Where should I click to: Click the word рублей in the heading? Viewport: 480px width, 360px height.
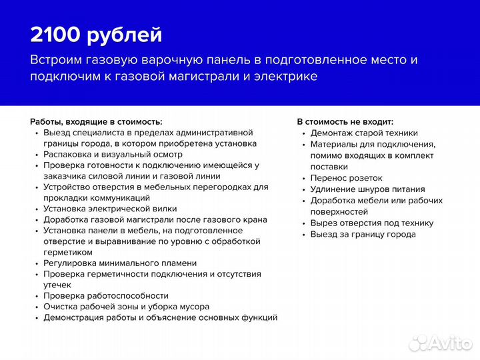pos(127,35)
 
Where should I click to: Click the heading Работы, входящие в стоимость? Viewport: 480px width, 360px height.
pos(96,122)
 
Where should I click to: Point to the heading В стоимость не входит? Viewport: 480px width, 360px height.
pos(345,122)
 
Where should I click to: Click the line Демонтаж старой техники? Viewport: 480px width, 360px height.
pos(364,133)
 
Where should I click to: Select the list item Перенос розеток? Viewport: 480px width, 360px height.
pos(346,178)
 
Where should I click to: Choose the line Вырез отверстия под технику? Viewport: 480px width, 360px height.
pos(371,223)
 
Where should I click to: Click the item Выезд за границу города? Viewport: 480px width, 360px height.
pos(363,235)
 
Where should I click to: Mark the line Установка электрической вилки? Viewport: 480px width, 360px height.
pos(110,209)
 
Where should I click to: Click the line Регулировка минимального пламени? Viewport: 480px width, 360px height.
pos(120,263)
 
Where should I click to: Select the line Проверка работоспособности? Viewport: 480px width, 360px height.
pos(106,296)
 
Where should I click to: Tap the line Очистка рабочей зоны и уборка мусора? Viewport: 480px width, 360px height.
pos(127,307)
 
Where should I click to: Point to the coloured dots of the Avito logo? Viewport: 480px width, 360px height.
pos(418,343)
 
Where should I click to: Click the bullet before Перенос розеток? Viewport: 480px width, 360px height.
pos(303,179)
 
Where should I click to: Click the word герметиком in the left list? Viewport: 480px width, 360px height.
pos(68,253)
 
